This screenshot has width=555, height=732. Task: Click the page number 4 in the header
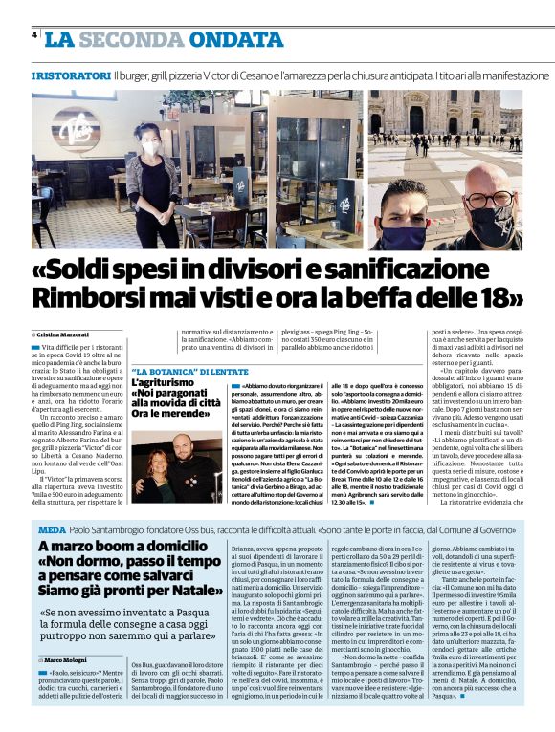coord(34,35)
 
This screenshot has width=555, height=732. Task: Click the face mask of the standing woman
coord(150,147)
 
